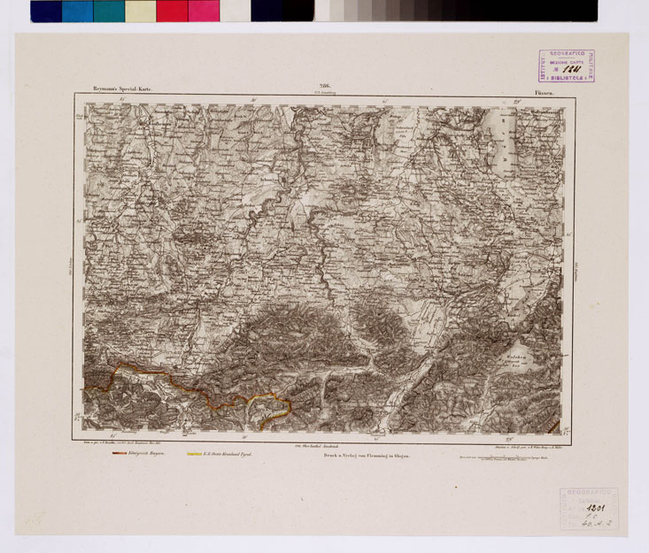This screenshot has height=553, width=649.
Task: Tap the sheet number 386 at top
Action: click(324, 86)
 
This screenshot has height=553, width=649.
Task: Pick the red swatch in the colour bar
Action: click(172, 11)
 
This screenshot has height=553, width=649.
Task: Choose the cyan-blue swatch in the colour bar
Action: click(77, 11)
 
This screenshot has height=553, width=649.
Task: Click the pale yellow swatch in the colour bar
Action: click(140, 11)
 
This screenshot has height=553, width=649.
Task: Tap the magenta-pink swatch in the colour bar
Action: click(204, 11)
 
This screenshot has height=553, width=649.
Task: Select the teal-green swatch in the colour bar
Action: click(109, 11)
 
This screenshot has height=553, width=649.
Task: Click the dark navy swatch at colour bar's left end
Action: click(46, 11)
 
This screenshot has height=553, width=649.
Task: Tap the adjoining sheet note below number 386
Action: click(324, 93)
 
